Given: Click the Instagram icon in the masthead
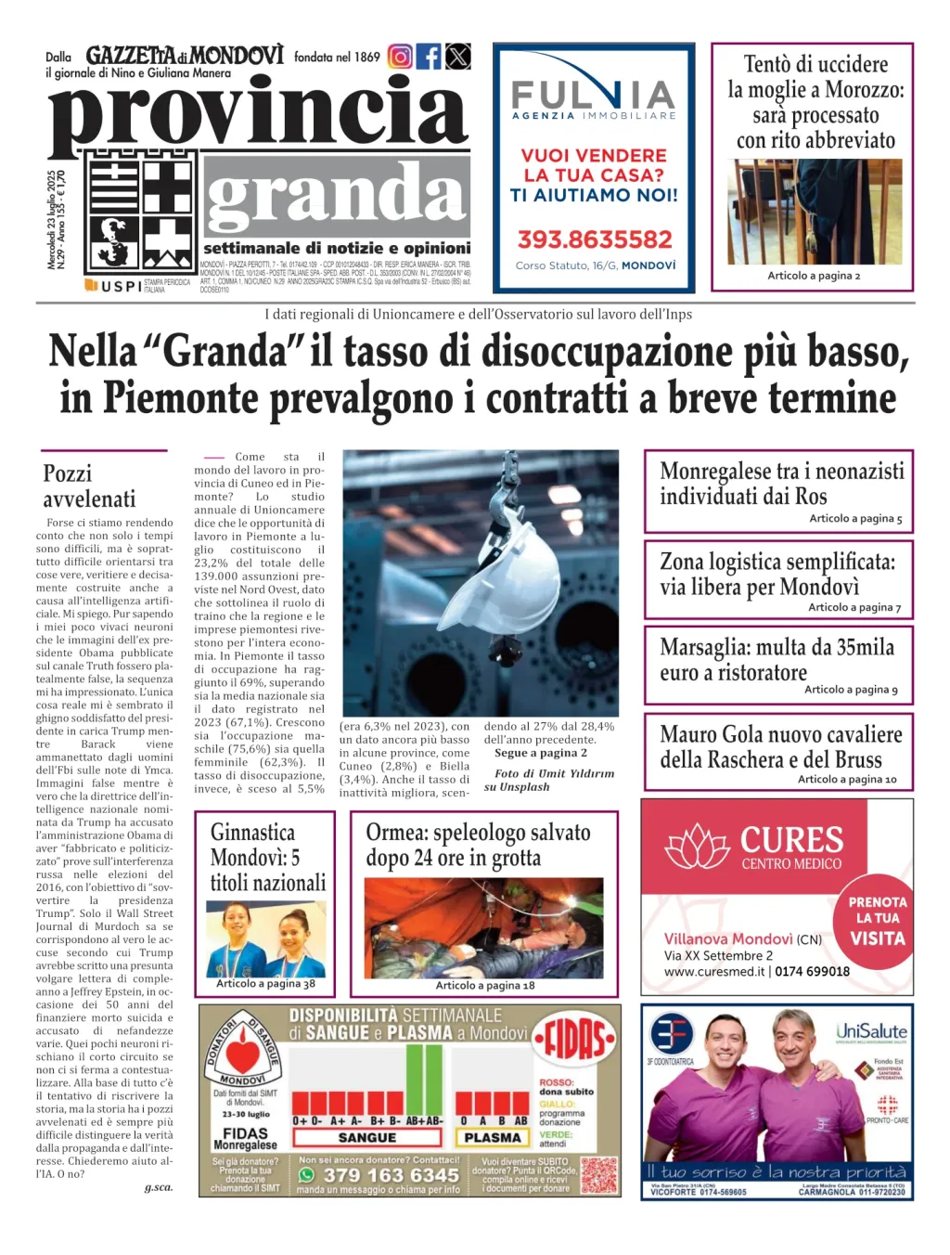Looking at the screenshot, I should click(x=400, y=57).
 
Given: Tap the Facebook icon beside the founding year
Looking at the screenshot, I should click(x=429, y=57).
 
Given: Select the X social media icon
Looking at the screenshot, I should click(x=458, y=57).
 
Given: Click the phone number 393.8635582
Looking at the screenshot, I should click(x=595, y=239).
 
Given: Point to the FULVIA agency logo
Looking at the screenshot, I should click(x=594, y=98).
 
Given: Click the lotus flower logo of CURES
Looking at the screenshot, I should click(x=699, y=846).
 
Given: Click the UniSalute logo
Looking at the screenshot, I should click(x=871, y=1031).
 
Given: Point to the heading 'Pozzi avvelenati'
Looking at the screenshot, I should click(x=89, y=485).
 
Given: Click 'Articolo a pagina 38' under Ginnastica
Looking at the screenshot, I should click(x=265, y=984).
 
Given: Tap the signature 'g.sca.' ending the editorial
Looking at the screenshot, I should click(x=159, y=1187).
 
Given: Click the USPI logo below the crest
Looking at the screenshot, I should click(x=115, y=286).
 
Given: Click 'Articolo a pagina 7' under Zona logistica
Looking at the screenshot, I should click(x=854, y=607).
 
